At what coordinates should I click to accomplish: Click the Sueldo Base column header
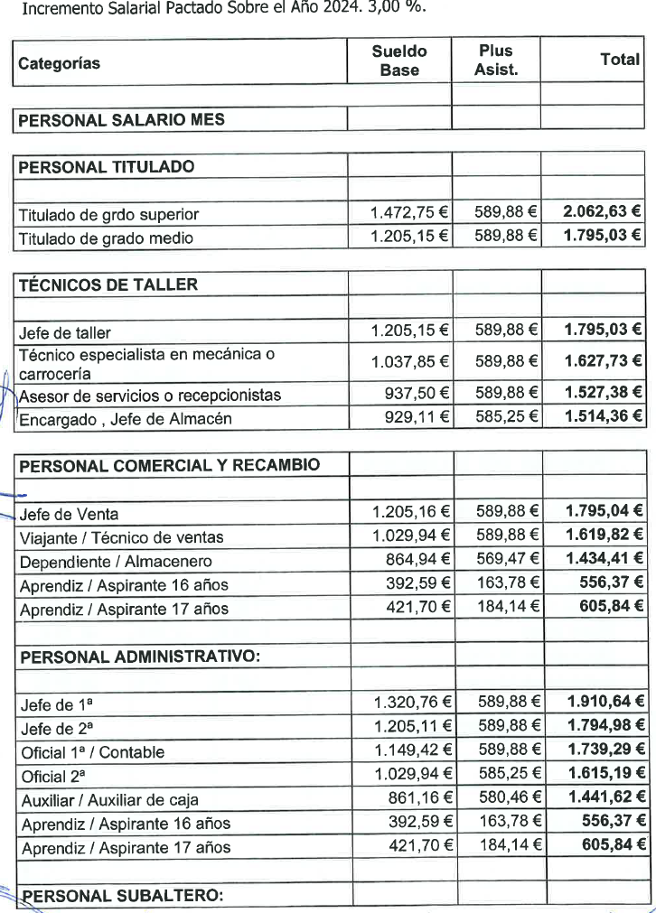tap(399, 61)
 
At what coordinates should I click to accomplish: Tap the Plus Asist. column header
tap(496, 61)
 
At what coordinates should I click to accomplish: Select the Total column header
tap(620, 60)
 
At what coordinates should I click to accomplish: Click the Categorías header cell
tap(60, 63)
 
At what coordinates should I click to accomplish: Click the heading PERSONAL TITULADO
tap(107, 167)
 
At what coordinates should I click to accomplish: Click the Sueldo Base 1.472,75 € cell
tap(410, 213)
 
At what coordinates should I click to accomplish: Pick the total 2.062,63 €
tap(602, 212)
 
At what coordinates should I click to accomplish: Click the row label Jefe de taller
tap(65, 333)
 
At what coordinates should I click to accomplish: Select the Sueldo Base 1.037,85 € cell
tap(410, 362)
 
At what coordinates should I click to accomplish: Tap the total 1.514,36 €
tap(604, 417)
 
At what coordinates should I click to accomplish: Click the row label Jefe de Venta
tap(70, 515)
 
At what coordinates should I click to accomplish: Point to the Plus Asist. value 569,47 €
tap(509, 559)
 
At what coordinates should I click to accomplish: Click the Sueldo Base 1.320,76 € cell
tap(413, 702)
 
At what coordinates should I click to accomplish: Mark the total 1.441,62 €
tap(605, 797)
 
